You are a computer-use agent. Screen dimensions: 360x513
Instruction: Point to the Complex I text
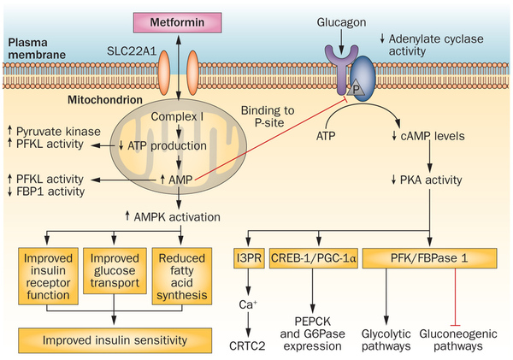click(177, 115)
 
